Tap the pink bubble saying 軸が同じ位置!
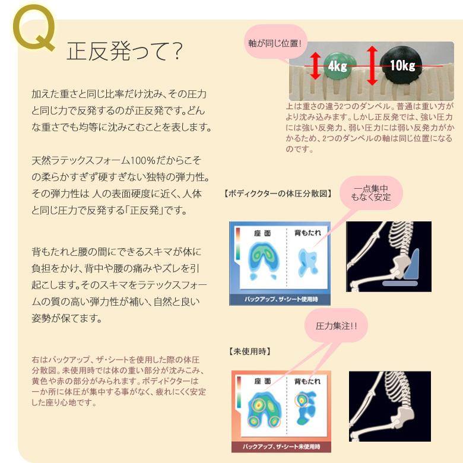point(275,43)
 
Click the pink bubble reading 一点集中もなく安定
point(371,193)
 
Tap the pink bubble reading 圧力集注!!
point(336,326)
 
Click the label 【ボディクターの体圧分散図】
point(278,194)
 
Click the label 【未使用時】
point(249,351)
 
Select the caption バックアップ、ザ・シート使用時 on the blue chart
point(280,300)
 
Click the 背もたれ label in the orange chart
point(306,380)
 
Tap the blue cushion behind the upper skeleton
point(411,265)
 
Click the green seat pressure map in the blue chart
point(263,261)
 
